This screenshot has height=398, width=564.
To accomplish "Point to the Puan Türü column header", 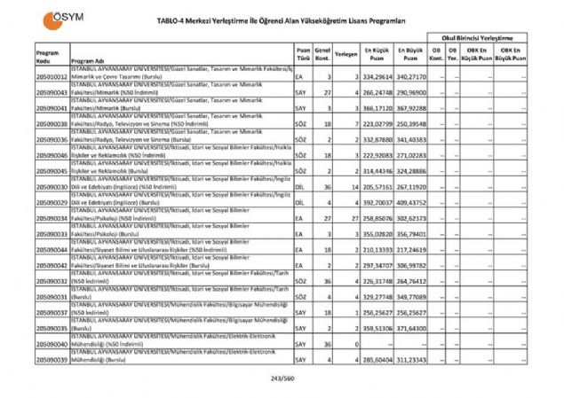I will point(304,55).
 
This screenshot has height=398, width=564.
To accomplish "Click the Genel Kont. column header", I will point(323,55).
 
